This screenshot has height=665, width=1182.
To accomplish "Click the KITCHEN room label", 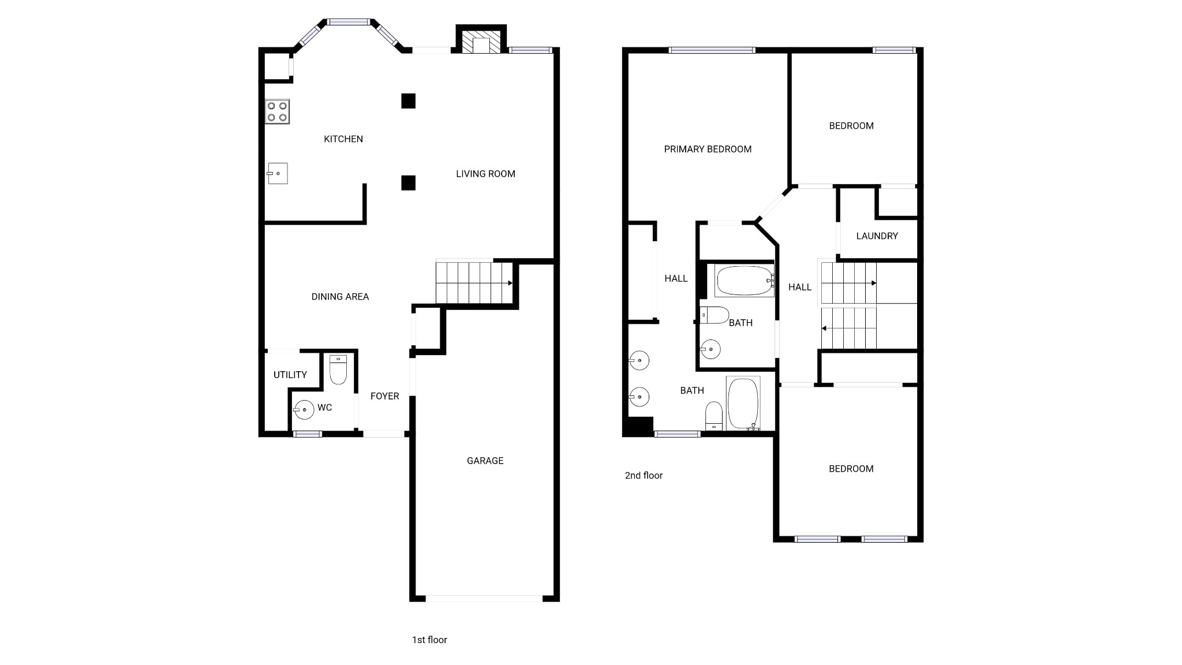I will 343,139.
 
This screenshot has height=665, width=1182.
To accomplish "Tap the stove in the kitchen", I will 277,111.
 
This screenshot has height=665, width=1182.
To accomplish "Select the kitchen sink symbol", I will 278,173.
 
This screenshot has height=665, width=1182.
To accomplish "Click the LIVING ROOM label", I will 485,174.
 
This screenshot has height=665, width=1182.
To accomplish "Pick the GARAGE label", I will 485,461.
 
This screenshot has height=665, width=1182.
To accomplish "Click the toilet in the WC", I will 338,369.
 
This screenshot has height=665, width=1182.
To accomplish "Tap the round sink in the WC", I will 304,409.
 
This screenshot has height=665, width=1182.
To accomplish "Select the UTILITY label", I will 290,375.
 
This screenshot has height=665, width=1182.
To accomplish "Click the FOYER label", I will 384,396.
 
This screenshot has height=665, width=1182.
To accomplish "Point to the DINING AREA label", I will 340,297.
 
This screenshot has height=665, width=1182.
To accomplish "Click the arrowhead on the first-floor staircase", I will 510,283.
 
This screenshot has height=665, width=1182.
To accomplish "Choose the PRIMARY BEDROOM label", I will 708,150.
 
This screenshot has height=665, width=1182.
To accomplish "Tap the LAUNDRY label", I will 877,236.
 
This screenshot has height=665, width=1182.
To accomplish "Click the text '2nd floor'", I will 644,476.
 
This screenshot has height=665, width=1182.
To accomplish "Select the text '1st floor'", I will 429,640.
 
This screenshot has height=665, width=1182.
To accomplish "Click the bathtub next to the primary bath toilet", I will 743,404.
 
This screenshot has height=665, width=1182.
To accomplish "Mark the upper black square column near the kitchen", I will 408,101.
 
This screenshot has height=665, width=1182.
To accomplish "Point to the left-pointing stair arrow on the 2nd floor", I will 824,328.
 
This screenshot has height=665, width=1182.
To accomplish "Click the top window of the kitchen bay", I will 348,23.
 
